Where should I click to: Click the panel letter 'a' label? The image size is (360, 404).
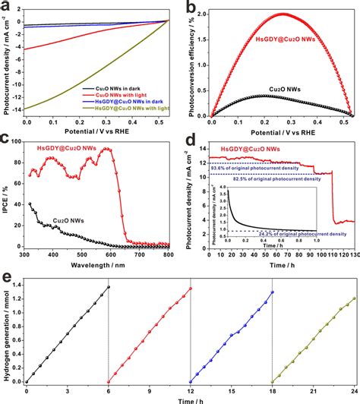[8, 8]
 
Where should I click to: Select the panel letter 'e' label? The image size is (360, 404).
[8, 269]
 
